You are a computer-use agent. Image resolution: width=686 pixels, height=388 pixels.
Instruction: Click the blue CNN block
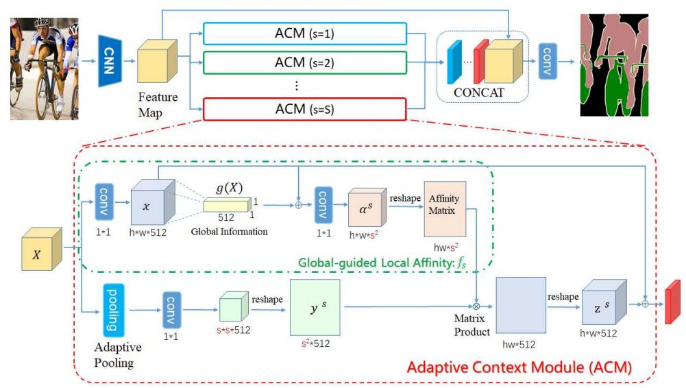(110, 61)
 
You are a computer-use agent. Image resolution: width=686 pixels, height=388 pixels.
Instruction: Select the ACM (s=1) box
(305, 34)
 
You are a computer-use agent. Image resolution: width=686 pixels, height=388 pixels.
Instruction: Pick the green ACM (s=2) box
(305, 63)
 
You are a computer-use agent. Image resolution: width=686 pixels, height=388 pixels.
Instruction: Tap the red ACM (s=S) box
(305, 109)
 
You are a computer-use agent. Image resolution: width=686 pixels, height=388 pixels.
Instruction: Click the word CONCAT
(478, 93)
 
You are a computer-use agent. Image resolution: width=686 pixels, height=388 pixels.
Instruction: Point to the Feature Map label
(158, 105)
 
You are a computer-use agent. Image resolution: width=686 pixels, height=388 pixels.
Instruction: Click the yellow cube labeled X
(42, 249)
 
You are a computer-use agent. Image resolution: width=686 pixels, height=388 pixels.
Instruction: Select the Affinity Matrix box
(445, 209)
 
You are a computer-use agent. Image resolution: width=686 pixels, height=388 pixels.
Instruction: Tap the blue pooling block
(113, 310)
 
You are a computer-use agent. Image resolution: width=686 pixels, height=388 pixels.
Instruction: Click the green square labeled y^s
(315, 308)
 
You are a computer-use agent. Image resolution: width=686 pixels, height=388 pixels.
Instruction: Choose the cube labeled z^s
(604, 302)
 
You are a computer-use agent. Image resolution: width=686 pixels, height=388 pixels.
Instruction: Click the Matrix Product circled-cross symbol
(476, 306)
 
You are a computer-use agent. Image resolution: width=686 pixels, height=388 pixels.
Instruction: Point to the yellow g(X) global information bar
(228, 205)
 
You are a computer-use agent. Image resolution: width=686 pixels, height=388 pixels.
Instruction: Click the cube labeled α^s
(367, 207)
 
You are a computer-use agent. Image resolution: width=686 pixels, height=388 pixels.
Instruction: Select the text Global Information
(230, 232)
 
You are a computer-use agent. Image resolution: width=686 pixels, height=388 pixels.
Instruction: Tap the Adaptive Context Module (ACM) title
(519, 367)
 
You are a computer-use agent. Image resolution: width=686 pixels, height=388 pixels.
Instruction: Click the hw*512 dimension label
(519, 345)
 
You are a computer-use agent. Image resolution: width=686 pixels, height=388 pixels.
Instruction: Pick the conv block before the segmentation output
(548, 61)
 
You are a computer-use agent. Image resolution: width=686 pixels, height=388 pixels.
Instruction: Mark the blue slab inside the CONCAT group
(454, 62)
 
